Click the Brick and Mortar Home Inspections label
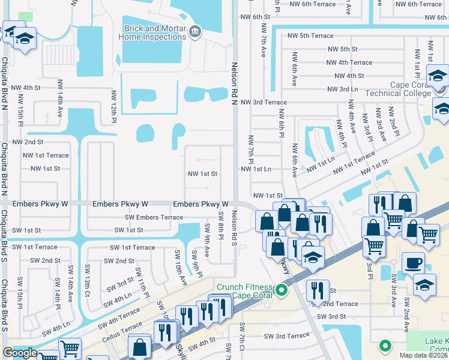(x=155, y=32)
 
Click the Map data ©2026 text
(x=423, y=355)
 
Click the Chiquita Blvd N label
(x=5, y=82)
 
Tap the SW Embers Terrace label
(x=154, y=217)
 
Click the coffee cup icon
(x=412, y=262)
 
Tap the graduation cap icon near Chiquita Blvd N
(x=25, y=40)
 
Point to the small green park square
(x=25, y=18)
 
